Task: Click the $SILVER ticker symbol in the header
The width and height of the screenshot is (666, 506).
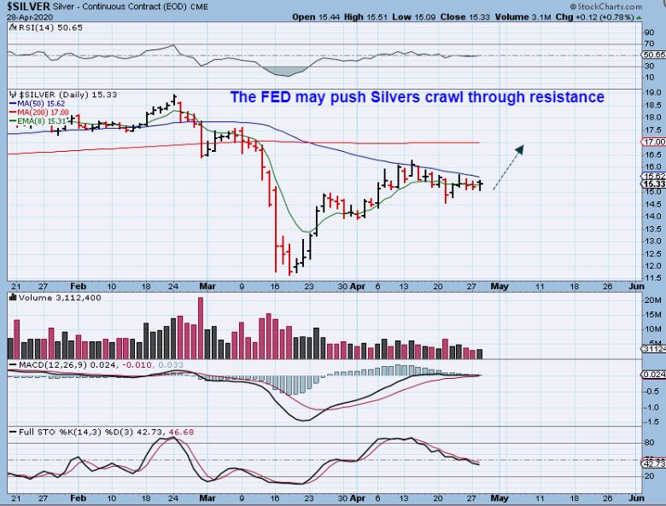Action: click(28, 6)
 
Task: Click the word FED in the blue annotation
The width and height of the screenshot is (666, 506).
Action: click(275, 97)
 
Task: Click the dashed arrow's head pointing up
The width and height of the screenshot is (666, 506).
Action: click(520, 148)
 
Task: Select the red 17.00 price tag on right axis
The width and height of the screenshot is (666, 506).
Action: click(654, 142)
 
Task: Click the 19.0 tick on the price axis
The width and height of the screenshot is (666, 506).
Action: click(653, 92)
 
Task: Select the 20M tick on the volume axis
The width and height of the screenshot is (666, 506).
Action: click(653, 301)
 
